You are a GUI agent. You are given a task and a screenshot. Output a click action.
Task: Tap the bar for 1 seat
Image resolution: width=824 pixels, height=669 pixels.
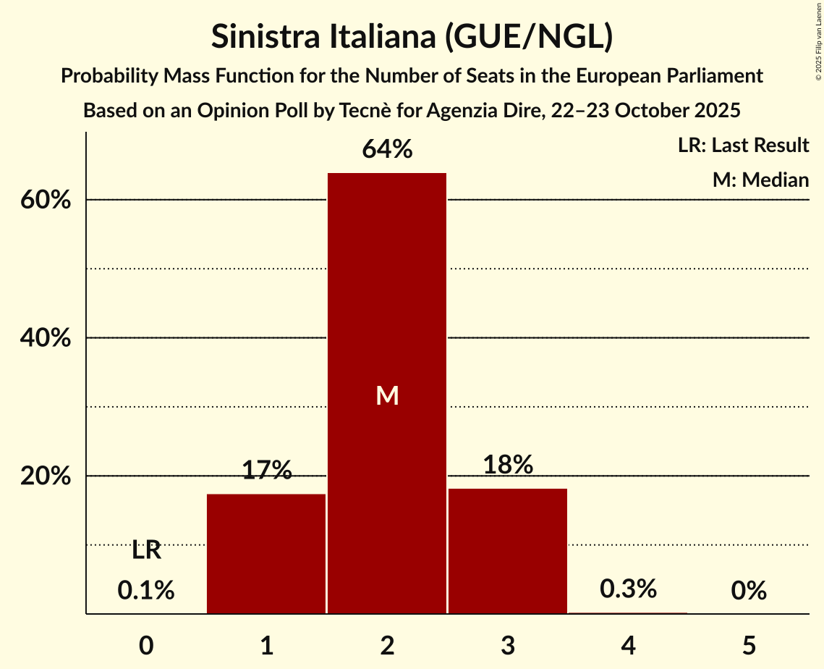(x=266, y=554)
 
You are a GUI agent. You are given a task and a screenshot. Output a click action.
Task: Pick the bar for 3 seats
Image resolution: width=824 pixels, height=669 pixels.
(x=507, y=551)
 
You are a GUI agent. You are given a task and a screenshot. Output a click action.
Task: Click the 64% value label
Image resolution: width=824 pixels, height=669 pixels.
(x=387, y=150)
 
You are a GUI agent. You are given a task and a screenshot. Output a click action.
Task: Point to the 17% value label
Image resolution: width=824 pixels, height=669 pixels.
(x=266, y=471)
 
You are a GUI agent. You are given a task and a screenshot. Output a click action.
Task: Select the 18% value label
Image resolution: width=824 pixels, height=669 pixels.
(x=507, y=465)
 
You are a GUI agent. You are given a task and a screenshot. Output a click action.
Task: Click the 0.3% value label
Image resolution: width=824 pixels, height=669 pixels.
(x=628, y=589)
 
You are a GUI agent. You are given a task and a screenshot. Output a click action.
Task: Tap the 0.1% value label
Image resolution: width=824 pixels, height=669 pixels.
(x=146, y=591)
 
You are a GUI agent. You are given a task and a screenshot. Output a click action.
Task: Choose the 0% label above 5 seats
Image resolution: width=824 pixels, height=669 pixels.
(x=748, y=591)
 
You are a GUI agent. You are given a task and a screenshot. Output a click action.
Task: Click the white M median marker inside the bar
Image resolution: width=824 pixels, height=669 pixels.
(x=387, y=395)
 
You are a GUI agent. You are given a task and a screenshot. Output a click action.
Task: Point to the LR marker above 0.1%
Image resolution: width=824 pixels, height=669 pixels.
(x=146, y=551)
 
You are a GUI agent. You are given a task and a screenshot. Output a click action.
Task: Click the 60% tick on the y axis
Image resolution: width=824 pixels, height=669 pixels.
(x=45, y=200)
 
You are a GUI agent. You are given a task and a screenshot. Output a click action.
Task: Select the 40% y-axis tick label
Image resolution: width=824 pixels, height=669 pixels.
(x=45, y=338)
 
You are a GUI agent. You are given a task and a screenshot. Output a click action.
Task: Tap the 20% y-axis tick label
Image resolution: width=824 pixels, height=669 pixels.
(x=45, y=476)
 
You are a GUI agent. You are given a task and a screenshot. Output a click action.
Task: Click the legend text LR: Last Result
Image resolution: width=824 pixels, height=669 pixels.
(x=743, y=146)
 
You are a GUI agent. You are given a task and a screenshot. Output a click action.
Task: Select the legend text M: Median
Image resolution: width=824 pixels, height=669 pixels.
(x=760, y=180)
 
